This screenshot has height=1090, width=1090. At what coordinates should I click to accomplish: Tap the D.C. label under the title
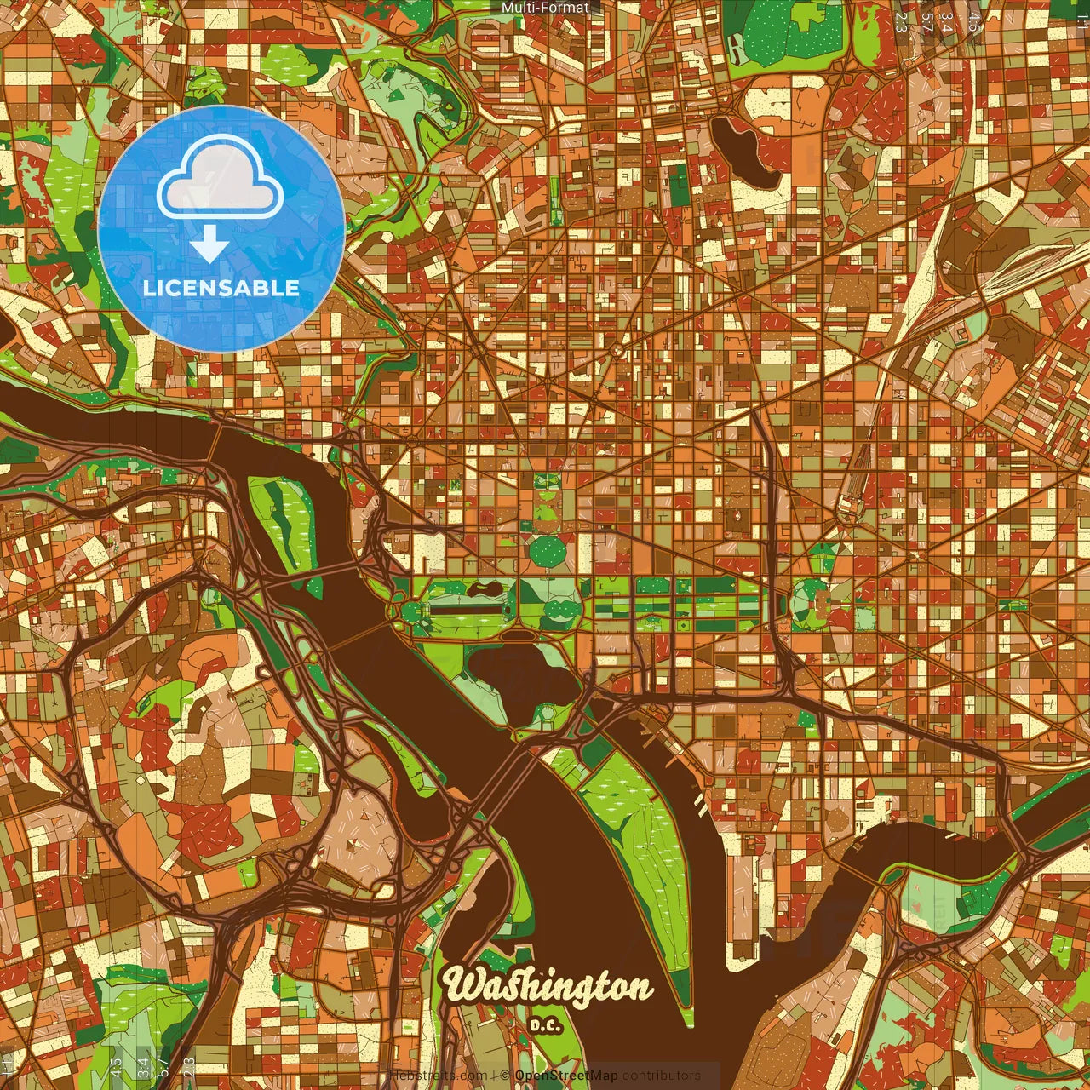click(x=545, y=1025)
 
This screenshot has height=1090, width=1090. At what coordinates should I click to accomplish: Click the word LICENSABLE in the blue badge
click(x=221, y=288)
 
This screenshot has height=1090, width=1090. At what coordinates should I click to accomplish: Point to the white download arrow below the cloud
click(x=209, y=247)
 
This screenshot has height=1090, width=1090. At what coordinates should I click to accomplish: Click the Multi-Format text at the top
click(x=545, y=8)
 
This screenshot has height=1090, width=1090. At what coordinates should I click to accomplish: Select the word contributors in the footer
click(x=661, y=1076)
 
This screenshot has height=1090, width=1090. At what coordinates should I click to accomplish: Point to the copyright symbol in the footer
click(x=504, y=1076)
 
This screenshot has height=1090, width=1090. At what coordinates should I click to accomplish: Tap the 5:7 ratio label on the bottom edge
click(x=163, y=1066)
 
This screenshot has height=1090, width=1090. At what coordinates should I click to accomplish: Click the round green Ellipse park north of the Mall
click(x=547, y=551)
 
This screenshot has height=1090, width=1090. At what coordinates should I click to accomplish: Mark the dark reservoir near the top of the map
click(x=743, y=152)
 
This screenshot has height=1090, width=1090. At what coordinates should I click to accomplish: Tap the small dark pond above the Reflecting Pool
click(x=482, y=588)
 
